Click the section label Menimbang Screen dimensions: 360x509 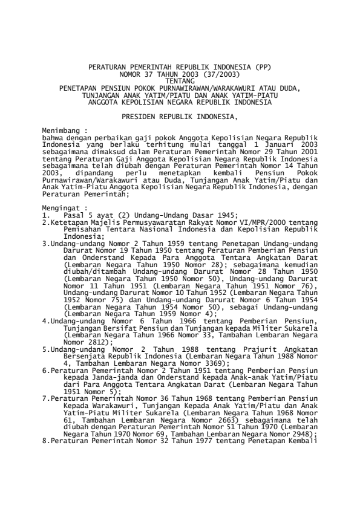62,129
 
